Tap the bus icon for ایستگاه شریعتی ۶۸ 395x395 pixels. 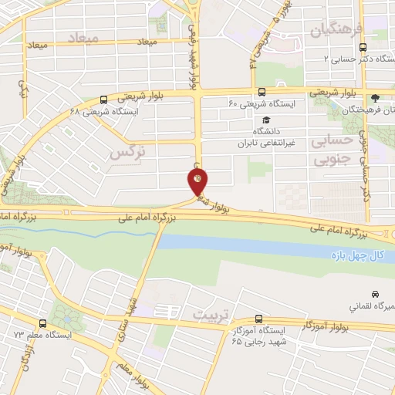(104, 99)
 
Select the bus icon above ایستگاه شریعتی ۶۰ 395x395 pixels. (262, 90)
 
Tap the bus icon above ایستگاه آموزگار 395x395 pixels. (258, 318)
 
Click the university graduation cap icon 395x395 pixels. (265, 120)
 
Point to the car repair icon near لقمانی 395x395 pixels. (375, 294)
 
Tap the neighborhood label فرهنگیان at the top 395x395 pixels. (336, 30)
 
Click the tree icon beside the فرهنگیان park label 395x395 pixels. (375, 97)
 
